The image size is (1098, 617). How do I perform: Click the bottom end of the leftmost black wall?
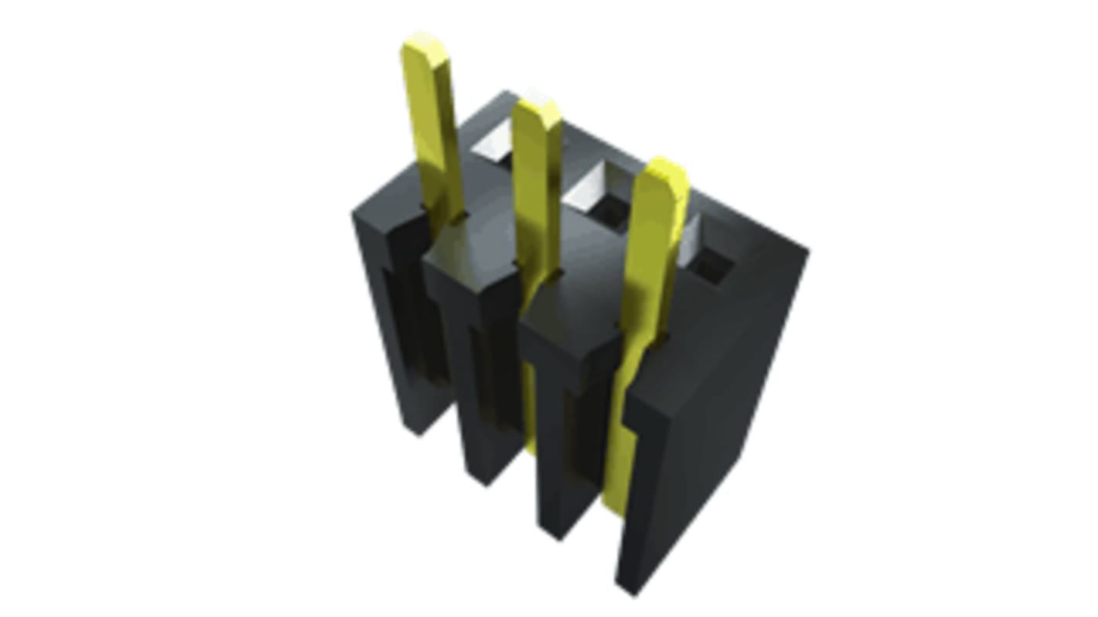coord(420,429)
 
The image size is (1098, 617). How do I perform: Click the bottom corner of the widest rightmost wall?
coord(633,591)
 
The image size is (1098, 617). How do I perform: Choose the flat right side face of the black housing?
coord(735,371)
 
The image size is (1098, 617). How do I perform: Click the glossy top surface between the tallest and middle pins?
coord(483,240)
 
